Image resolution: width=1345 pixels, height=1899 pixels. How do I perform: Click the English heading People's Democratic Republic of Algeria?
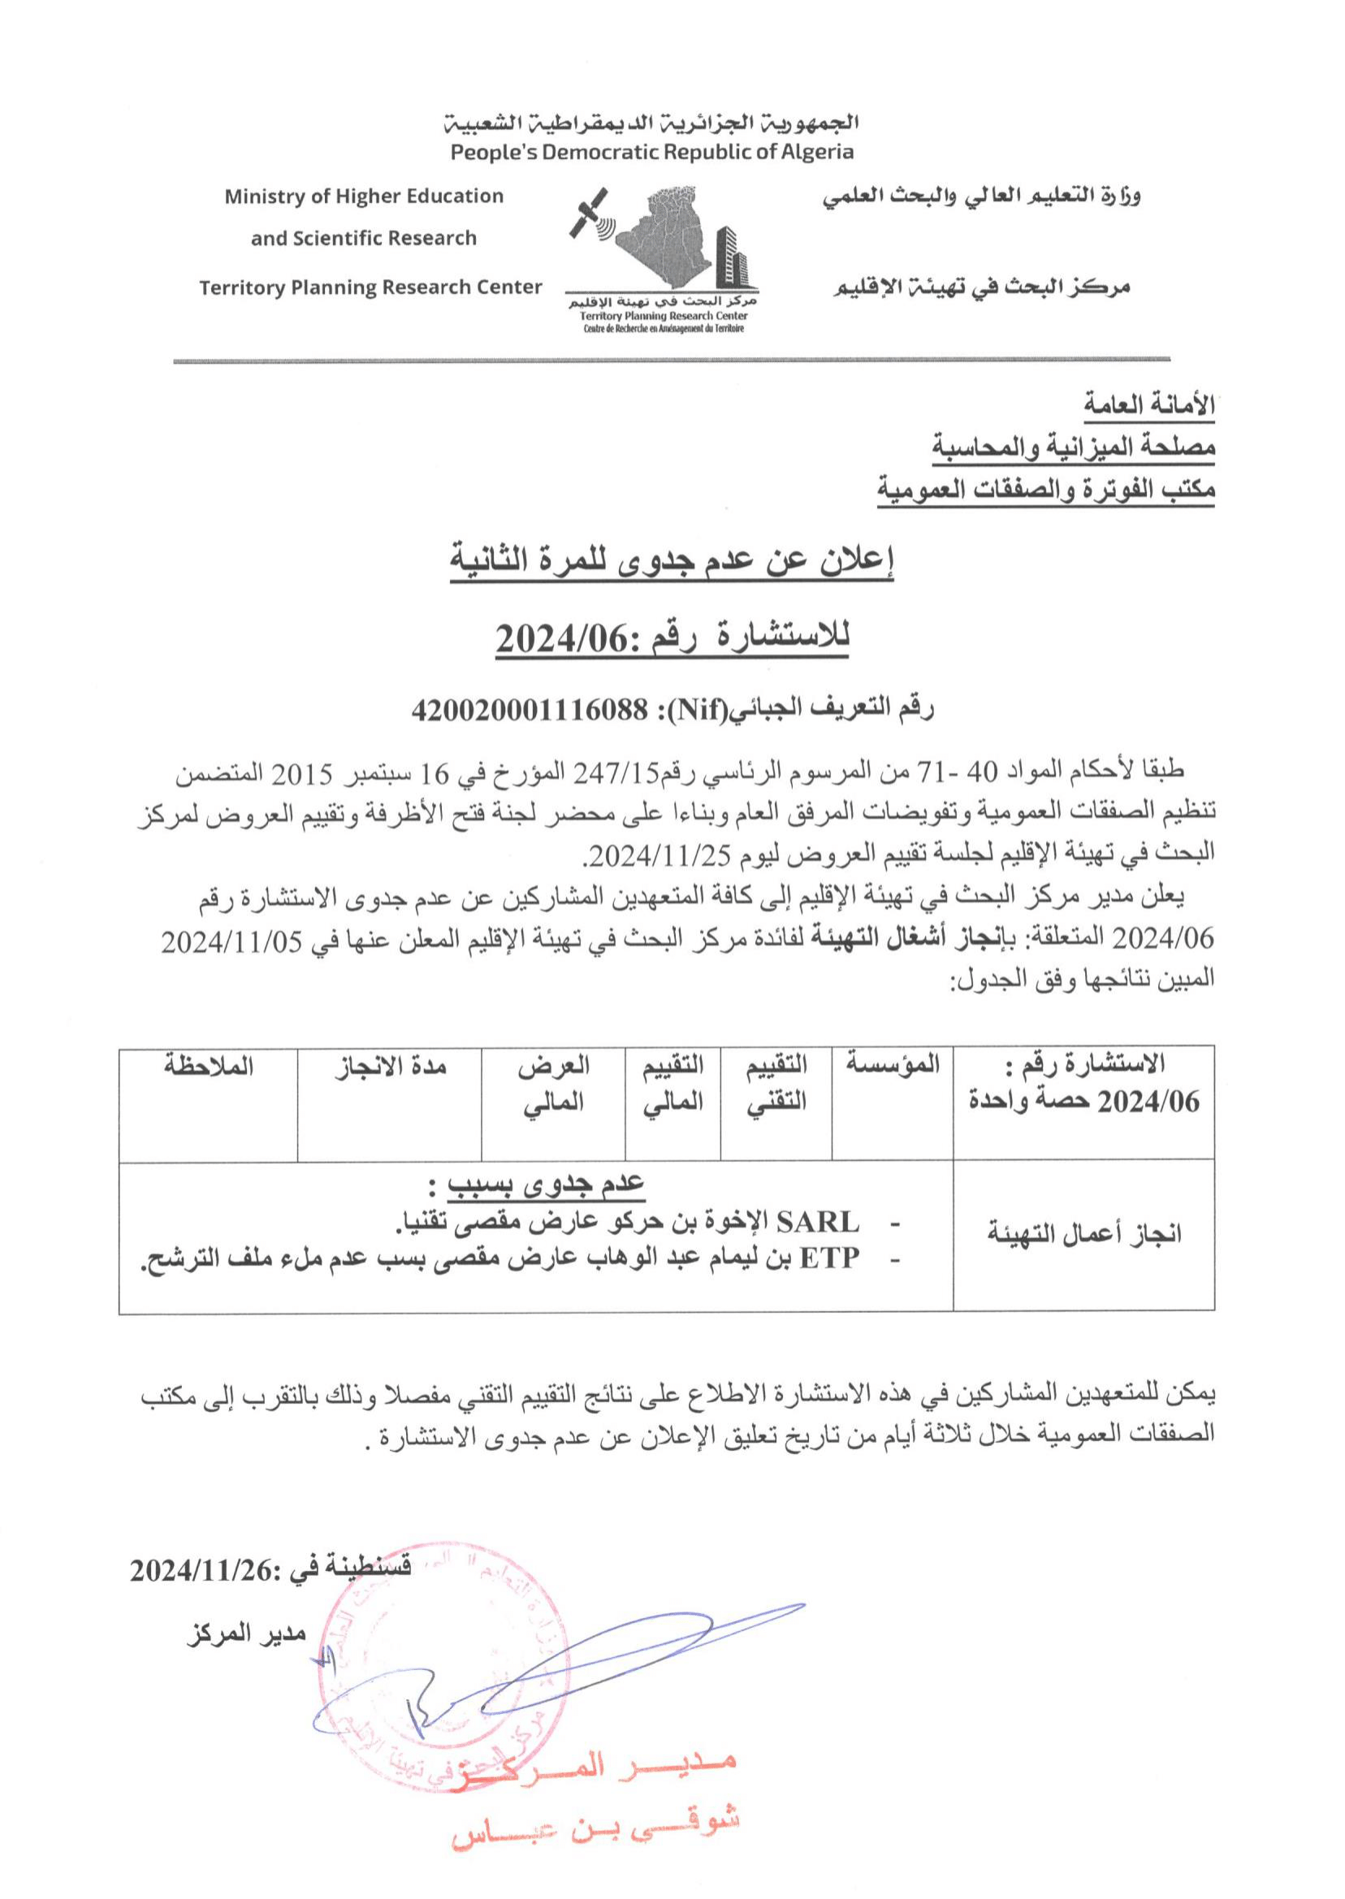coord(652,153)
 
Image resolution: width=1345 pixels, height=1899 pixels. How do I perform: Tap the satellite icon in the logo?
coord(589,213)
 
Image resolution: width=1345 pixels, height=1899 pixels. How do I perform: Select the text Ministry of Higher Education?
coord(364,196)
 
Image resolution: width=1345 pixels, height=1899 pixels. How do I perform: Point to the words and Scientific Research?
coord(364,239)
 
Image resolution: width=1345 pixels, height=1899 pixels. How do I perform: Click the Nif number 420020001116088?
coord(530,709)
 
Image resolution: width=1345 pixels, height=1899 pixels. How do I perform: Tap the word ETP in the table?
coord(832,1258)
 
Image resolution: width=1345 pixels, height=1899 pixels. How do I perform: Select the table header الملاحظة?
coord(209,1066)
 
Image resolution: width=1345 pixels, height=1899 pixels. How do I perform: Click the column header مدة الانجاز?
coord(390,1066)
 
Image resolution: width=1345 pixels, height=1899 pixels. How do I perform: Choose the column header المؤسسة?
coord(893,1064)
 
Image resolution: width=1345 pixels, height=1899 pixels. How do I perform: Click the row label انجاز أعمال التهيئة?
coord(1084,1235)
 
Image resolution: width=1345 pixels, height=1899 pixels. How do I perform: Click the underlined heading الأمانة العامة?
coord(1149,405)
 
